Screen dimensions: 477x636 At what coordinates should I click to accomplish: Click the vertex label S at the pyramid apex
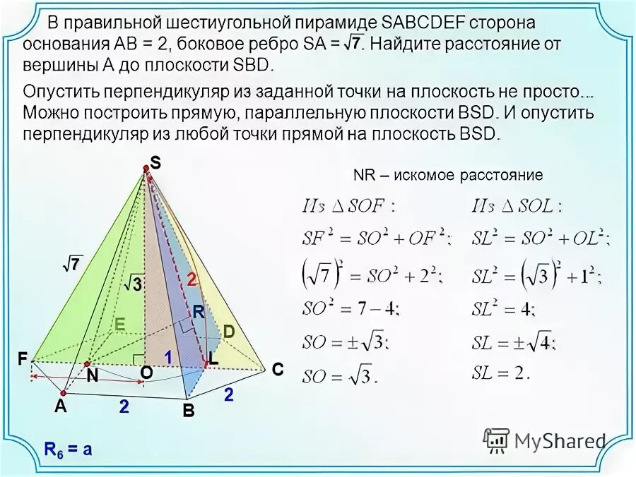tap(155, 163)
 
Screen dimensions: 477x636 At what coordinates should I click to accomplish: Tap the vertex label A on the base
tap(61, 406)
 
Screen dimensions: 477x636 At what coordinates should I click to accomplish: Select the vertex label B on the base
tap(188, 411)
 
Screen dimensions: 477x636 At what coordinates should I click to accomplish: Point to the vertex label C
tap(277, 368)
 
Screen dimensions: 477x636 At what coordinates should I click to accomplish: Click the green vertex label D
tap(229, 331)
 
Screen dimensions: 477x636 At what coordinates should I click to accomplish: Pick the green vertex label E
tap(119, 325)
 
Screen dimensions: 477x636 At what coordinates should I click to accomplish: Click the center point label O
tap(146, 371)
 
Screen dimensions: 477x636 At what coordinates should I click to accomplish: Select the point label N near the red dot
tap(93, 377)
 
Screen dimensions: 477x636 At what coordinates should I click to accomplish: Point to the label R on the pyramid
tap(199, 310)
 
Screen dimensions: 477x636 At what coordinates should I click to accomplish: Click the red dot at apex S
tap(146, 168)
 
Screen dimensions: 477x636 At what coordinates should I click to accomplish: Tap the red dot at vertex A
tap(63, 393)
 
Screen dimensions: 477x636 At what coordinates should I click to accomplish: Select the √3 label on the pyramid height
tap(133, 284)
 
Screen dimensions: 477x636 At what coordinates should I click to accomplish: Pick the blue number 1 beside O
tap(168, 358)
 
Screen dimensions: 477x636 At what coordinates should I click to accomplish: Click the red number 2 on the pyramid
tap(191, 279)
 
